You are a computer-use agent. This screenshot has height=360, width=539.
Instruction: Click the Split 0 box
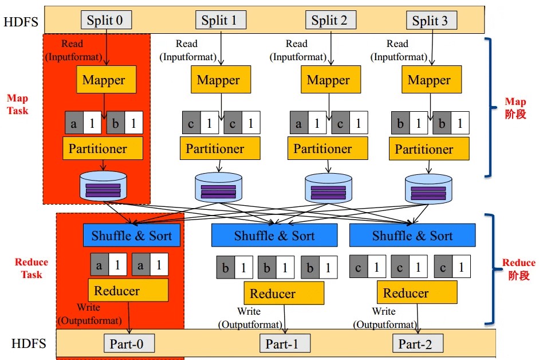coord(105,21)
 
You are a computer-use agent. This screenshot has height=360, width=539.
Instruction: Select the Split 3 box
coord(430,21)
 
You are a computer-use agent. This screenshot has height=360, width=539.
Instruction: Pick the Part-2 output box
coord(418,344)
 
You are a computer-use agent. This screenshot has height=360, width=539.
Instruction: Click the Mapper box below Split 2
coord(328,80)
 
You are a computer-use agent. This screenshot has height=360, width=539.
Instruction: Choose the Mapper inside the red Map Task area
coord(104,80)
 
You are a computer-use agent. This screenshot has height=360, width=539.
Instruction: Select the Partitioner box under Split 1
coord(215,148)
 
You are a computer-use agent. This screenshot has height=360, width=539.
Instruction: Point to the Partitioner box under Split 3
coord(424,149)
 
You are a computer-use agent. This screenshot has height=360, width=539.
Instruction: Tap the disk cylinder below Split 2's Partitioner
coord(328,187)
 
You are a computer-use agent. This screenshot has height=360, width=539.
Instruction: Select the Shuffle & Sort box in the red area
coord(132,235)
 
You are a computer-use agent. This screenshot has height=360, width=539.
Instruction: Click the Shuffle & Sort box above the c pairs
coord(412,236)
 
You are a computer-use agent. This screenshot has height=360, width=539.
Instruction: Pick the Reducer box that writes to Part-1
coord(273,294)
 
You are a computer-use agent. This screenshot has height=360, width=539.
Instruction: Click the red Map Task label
coord(18,104)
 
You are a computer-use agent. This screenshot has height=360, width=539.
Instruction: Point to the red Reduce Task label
coord(32,268)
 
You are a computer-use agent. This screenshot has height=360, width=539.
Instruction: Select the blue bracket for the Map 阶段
coord(491,107)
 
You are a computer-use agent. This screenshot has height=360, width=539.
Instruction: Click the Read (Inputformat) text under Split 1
coord(187,50)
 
